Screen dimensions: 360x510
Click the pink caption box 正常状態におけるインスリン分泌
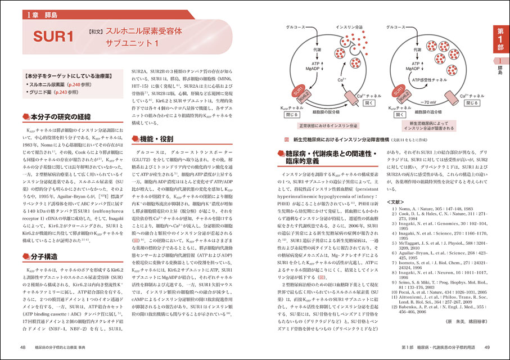(313, 125)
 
